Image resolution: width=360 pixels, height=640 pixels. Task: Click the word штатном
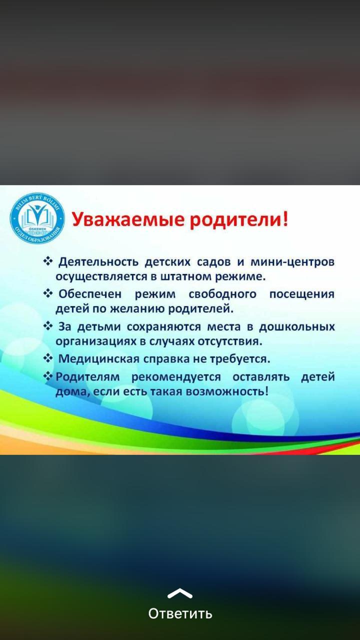point(185,277)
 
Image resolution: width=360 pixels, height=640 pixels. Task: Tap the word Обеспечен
point(90,294)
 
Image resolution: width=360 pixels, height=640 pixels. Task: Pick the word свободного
point(222,294)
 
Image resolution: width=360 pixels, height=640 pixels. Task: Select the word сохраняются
point(164,326)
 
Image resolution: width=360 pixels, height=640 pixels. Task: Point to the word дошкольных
point(297,326)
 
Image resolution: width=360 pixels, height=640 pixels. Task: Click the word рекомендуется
point(176,377)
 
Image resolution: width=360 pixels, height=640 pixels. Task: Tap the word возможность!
point(227,391)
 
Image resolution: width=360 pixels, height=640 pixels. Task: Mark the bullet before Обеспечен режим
point(48,293)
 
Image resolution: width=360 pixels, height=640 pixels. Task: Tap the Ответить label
point(180,613)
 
